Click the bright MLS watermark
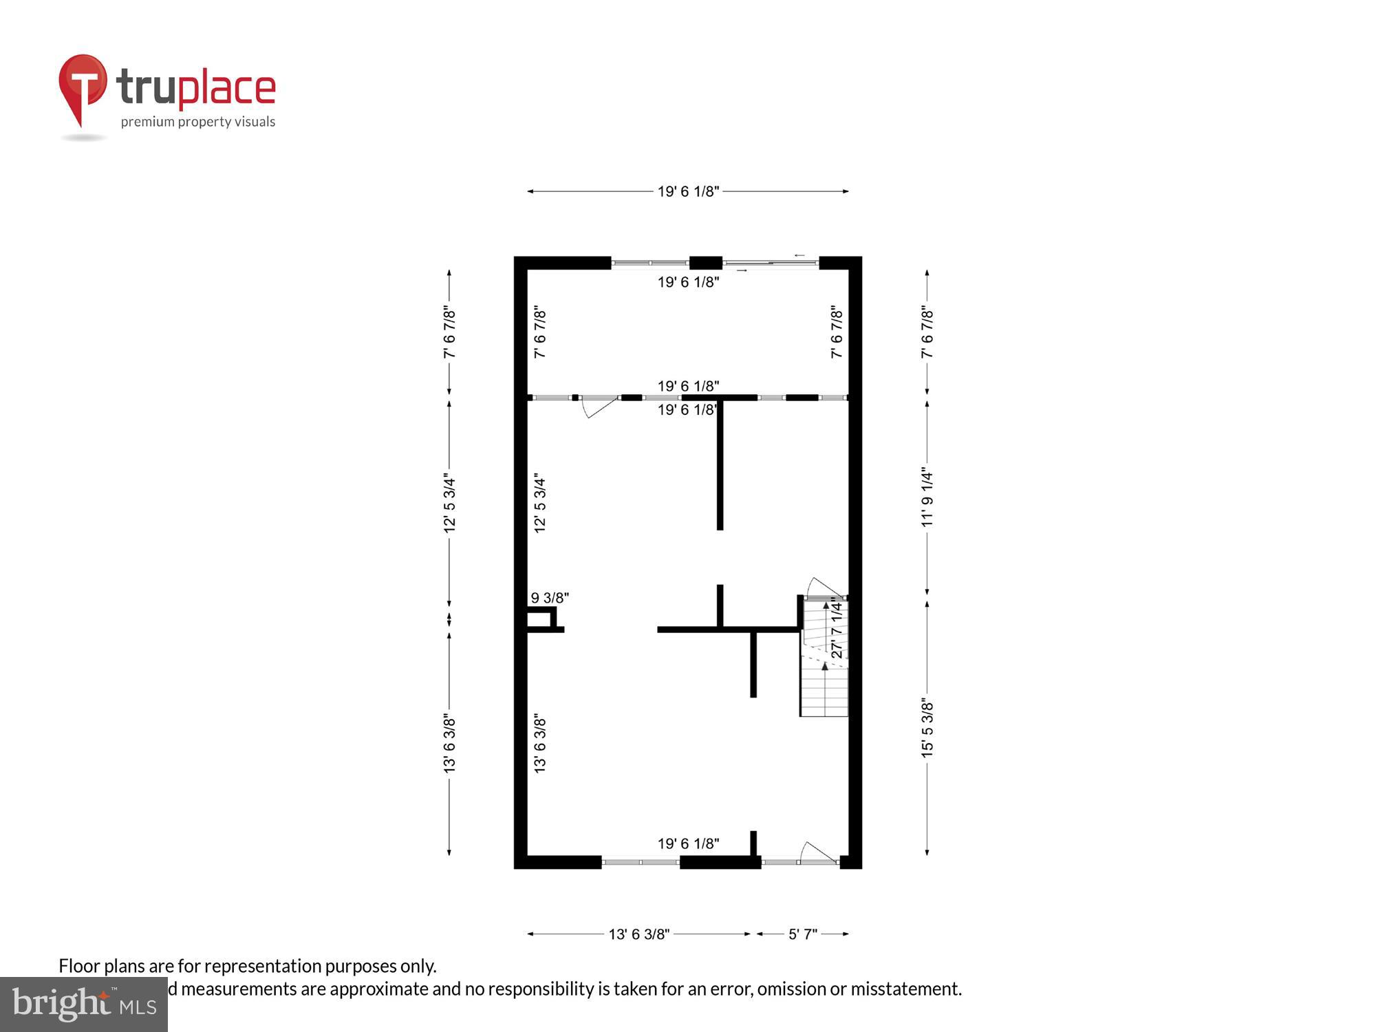(84, 1004)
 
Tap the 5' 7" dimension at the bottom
(802, 934)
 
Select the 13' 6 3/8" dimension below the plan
(638, 934)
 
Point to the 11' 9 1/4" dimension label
(927, 498)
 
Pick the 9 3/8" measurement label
(550, 598)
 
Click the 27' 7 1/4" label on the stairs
(837, 627)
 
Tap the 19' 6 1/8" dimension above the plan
(688, 191)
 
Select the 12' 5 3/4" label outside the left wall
(449, 502)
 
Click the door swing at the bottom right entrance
(819, 853)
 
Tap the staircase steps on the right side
(824, 688)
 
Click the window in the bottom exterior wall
(641, 861)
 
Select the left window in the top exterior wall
(650, 262)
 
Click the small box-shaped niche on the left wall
(541, 619)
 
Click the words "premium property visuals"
(198, 122)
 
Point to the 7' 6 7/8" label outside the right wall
(927, 332)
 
